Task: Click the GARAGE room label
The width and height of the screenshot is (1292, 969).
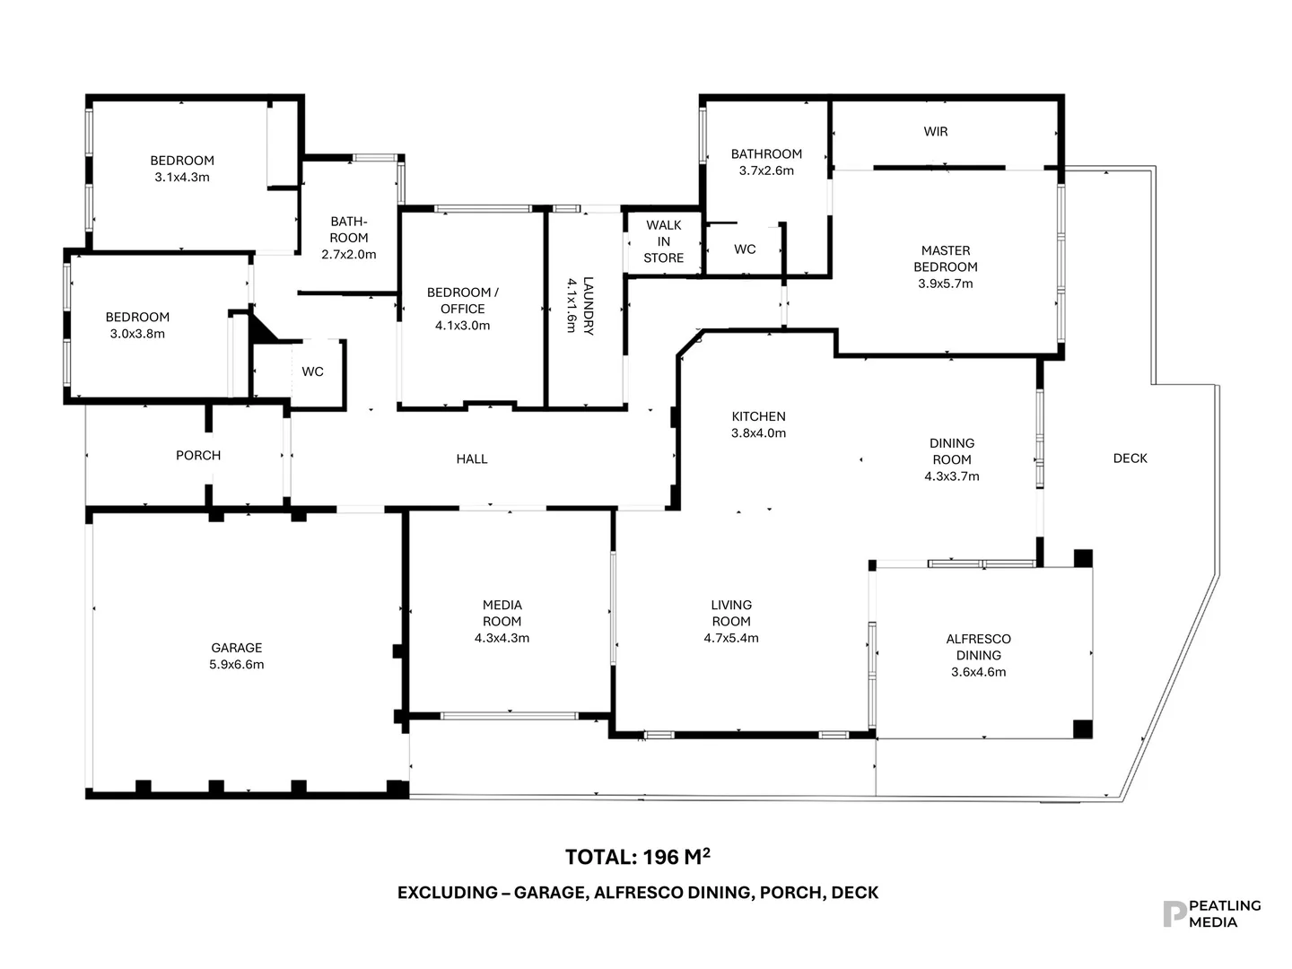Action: (237, 648)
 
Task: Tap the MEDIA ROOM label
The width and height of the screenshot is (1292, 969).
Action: (502, 613)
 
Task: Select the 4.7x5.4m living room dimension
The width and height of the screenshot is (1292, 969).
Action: (730, 638)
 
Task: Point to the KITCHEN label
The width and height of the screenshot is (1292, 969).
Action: (758, 416)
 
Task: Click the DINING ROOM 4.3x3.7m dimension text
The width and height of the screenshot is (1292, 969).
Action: (951, 476)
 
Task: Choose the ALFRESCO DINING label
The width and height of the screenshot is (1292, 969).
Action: (978, 647)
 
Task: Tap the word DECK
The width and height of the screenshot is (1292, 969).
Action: (1130, 458)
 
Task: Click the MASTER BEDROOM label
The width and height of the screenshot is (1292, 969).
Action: (945, 258)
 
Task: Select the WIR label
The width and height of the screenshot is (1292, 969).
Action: (935, 132)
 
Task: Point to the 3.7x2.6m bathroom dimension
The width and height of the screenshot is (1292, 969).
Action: (765, 170)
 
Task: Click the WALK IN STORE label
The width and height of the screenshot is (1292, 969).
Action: (663, 241)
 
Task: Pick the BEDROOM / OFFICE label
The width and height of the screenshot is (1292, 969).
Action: (462, 301)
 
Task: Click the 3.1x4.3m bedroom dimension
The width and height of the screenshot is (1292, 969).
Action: (182, 178)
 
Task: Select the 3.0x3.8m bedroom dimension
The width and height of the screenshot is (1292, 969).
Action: (137, 334)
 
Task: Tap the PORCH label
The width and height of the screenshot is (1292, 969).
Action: (198, 456)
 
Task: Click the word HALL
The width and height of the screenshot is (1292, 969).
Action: (471, 459)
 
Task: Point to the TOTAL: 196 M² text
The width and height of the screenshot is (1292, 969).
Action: (637, 857)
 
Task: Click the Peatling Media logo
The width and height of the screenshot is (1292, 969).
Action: (1211, 913)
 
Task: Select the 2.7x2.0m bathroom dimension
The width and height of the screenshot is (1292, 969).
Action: (348, 255)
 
